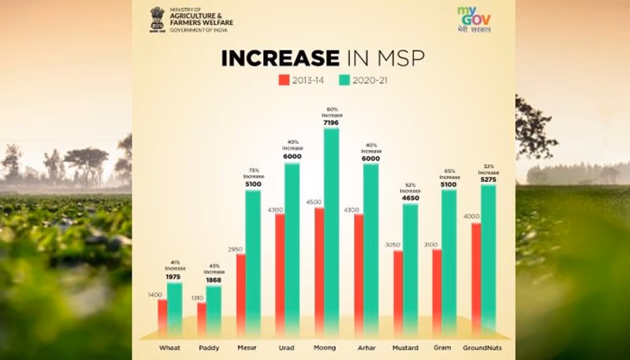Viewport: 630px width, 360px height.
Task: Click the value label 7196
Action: tap(331, 122)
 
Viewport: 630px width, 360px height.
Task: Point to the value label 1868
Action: tap(214, 280)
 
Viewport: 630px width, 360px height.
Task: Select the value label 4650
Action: tap(410, 198)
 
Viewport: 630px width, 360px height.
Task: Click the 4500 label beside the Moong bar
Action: tap(314, 202)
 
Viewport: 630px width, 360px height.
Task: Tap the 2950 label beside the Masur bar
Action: tap(235, 249)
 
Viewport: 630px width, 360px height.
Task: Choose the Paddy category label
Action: tap(209, 348)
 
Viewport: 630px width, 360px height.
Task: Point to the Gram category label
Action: tap(442, 348)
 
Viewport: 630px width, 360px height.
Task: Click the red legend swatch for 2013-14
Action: tap(284, 80)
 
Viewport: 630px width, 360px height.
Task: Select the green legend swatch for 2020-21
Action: tap(344, 80)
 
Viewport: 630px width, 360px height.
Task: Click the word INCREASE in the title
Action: tap(280, 58)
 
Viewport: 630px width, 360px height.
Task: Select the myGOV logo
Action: tap(474, 19)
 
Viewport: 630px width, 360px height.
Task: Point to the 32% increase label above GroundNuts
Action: tap(488, 169)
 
